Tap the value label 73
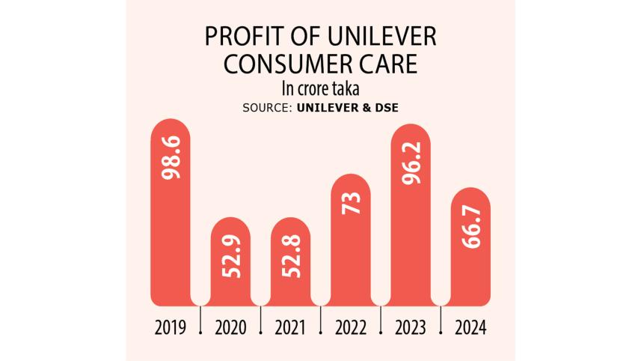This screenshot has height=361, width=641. pyautogui.click(x=351, y=203)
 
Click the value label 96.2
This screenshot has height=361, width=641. pyautogui.click(x=411, y=163)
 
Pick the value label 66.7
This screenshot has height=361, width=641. pyautogui.click(x=471, y=229)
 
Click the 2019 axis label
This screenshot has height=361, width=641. pyautogui.click(x=171, y=327)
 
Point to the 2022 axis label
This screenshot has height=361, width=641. pyautogui.click(x=351, y=327)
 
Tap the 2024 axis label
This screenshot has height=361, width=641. pyautogui.click(x=470, y=327)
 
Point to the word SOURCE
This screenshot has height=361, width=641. pyautogui.click(x=266, y=108)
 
